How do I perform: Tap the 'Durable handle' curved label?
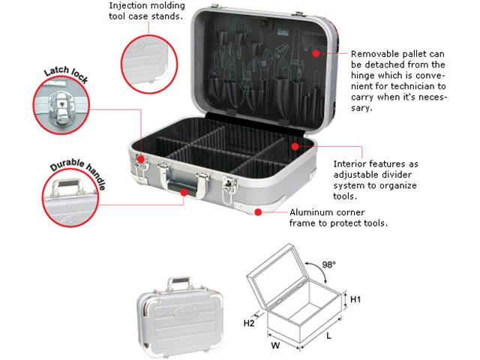[78, 173]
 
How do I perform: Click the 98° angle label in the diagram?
[329, 264]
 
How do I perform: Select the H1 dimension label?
[355, 299]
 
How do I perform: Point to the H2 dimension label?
[249, 323]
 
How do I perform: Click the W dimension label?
[275, 346]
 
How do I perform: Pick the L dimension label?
[328, 336]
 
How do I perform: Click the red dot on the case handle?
[184, 192]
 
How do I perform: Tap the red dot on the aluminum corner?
[258, 211]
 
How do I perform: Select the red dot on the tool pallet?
[316, 53]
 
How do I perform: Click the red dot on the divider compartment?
[295, 146]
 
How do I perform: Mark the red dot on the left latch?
[140, 159]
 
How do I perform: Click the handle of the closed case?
[180, 283]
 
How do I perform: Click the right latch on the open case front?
[229, 188]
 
